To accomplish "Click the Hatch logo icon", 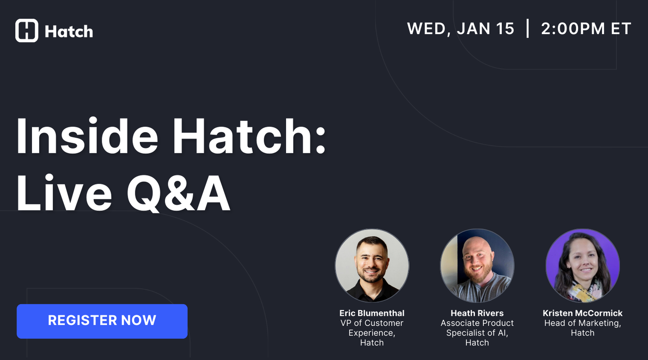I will click(x=27, y=31).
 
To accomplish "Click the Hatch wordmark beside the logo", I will click(x=69, y=31).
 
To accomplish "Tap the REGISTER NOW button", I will click(x=102, y=321).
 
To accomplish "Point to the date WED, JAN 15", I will click(x=460, y=29).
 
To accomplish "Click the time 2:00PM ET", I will click(x=586, y=29).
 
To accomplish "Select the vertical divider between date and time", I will click(x=527, y=29).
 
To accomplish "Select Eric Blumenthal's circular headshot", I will click(x=372, y=265).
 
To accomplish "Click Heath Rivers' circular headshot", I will click(x=477, y=265).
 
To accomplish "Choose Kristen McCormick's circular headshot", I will click(x=582, y=265).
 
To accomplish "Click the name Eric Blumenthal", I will click(x=372, y=313).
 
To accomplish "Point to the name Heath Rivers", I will click(x=477, y=313).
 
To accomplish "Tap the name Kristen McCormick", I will click(x=582, y=313).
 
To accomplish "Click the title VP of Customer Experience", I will click(x=372, y=328).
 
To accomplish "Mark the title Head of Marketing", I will click(x=582, y=323).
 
